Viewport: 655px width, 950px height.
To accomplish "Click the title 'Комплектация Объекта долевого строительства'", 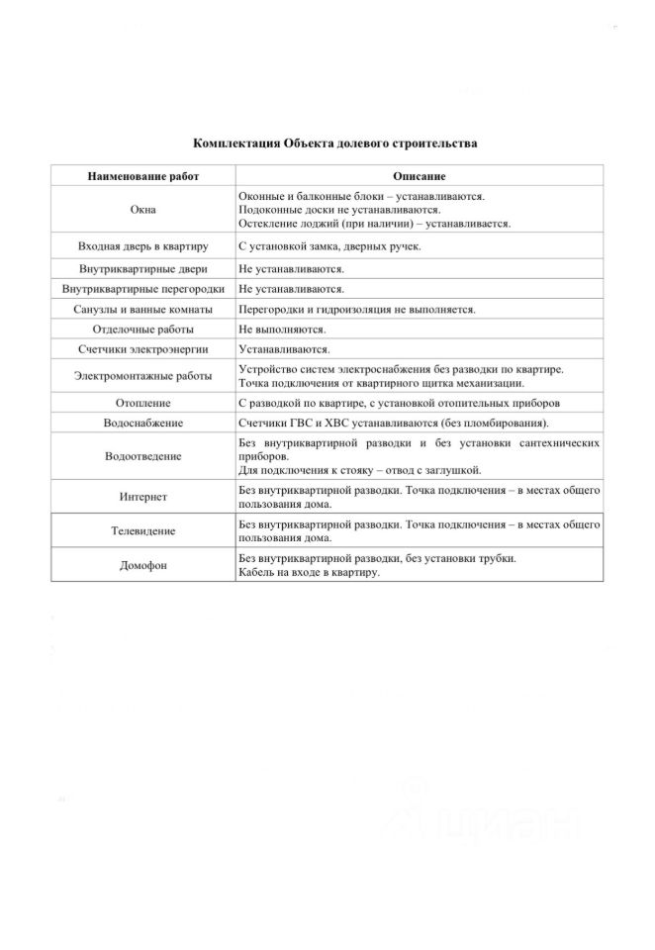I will (335, 143).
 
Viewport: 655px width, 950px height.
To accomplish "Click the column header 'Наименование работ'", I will (142, 175).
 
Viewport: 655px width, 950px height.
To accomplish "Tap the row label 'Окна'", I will (142, 209).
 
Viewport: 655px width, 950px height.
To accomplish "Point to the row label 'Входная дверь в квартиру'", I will (142, 245).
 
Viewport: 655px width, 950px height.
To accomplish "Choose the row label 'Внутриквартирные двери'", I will (142, 268).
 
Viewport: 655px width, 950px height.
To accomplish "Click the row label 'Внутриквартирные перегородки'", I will (142, 289).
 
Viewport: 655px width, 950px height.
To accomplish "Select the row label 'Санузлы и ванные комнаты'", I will (142, 309).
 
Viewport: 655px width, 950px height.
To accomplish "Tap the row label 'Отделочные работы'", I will (142, 329).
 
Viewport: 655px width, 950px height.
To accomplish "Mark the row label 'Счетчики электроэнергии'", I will (142, 349).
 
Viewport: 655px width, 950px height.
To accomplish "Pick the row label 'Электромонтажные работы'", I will (142, 376).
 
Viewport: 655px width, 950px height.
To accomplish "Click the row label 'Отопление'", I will (142, 403).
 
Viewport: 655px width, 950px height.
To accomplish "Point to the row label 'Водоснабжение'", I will (142, 423).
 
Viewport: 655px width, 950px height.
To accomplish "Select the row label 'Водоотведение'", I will (142, 456).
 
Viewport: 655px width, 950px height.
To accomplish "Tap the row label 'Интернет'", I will (142, 497).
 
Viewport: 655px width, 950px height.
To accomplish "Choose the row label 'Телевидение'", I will (142, 531).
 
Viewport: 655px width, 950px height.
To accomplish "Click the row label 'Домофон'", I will (142, 565).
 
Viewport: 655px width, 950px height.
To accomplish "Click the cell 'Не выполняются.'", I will (282, 329).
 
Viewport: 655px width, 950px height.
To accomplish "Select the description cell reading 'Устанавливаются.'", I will (284, 349).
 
